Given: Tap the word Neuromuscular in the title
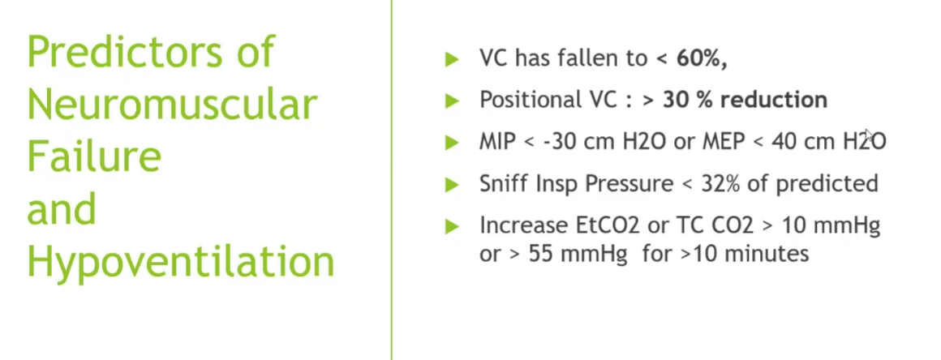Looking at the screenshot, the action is pos(172,105).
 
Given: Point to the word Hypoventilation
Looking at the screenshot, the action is pos(181,262).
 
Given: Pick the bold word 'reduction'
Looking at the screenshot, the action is pos(774,100).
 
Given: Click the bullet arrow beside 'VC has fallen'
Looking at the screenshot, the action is pos(452,59).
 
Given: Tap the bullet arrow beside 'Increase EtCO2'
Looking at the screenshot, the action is pos(452,227).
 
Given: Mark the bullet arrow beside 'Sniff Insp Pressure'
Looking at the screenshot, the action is pos(452,185).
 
